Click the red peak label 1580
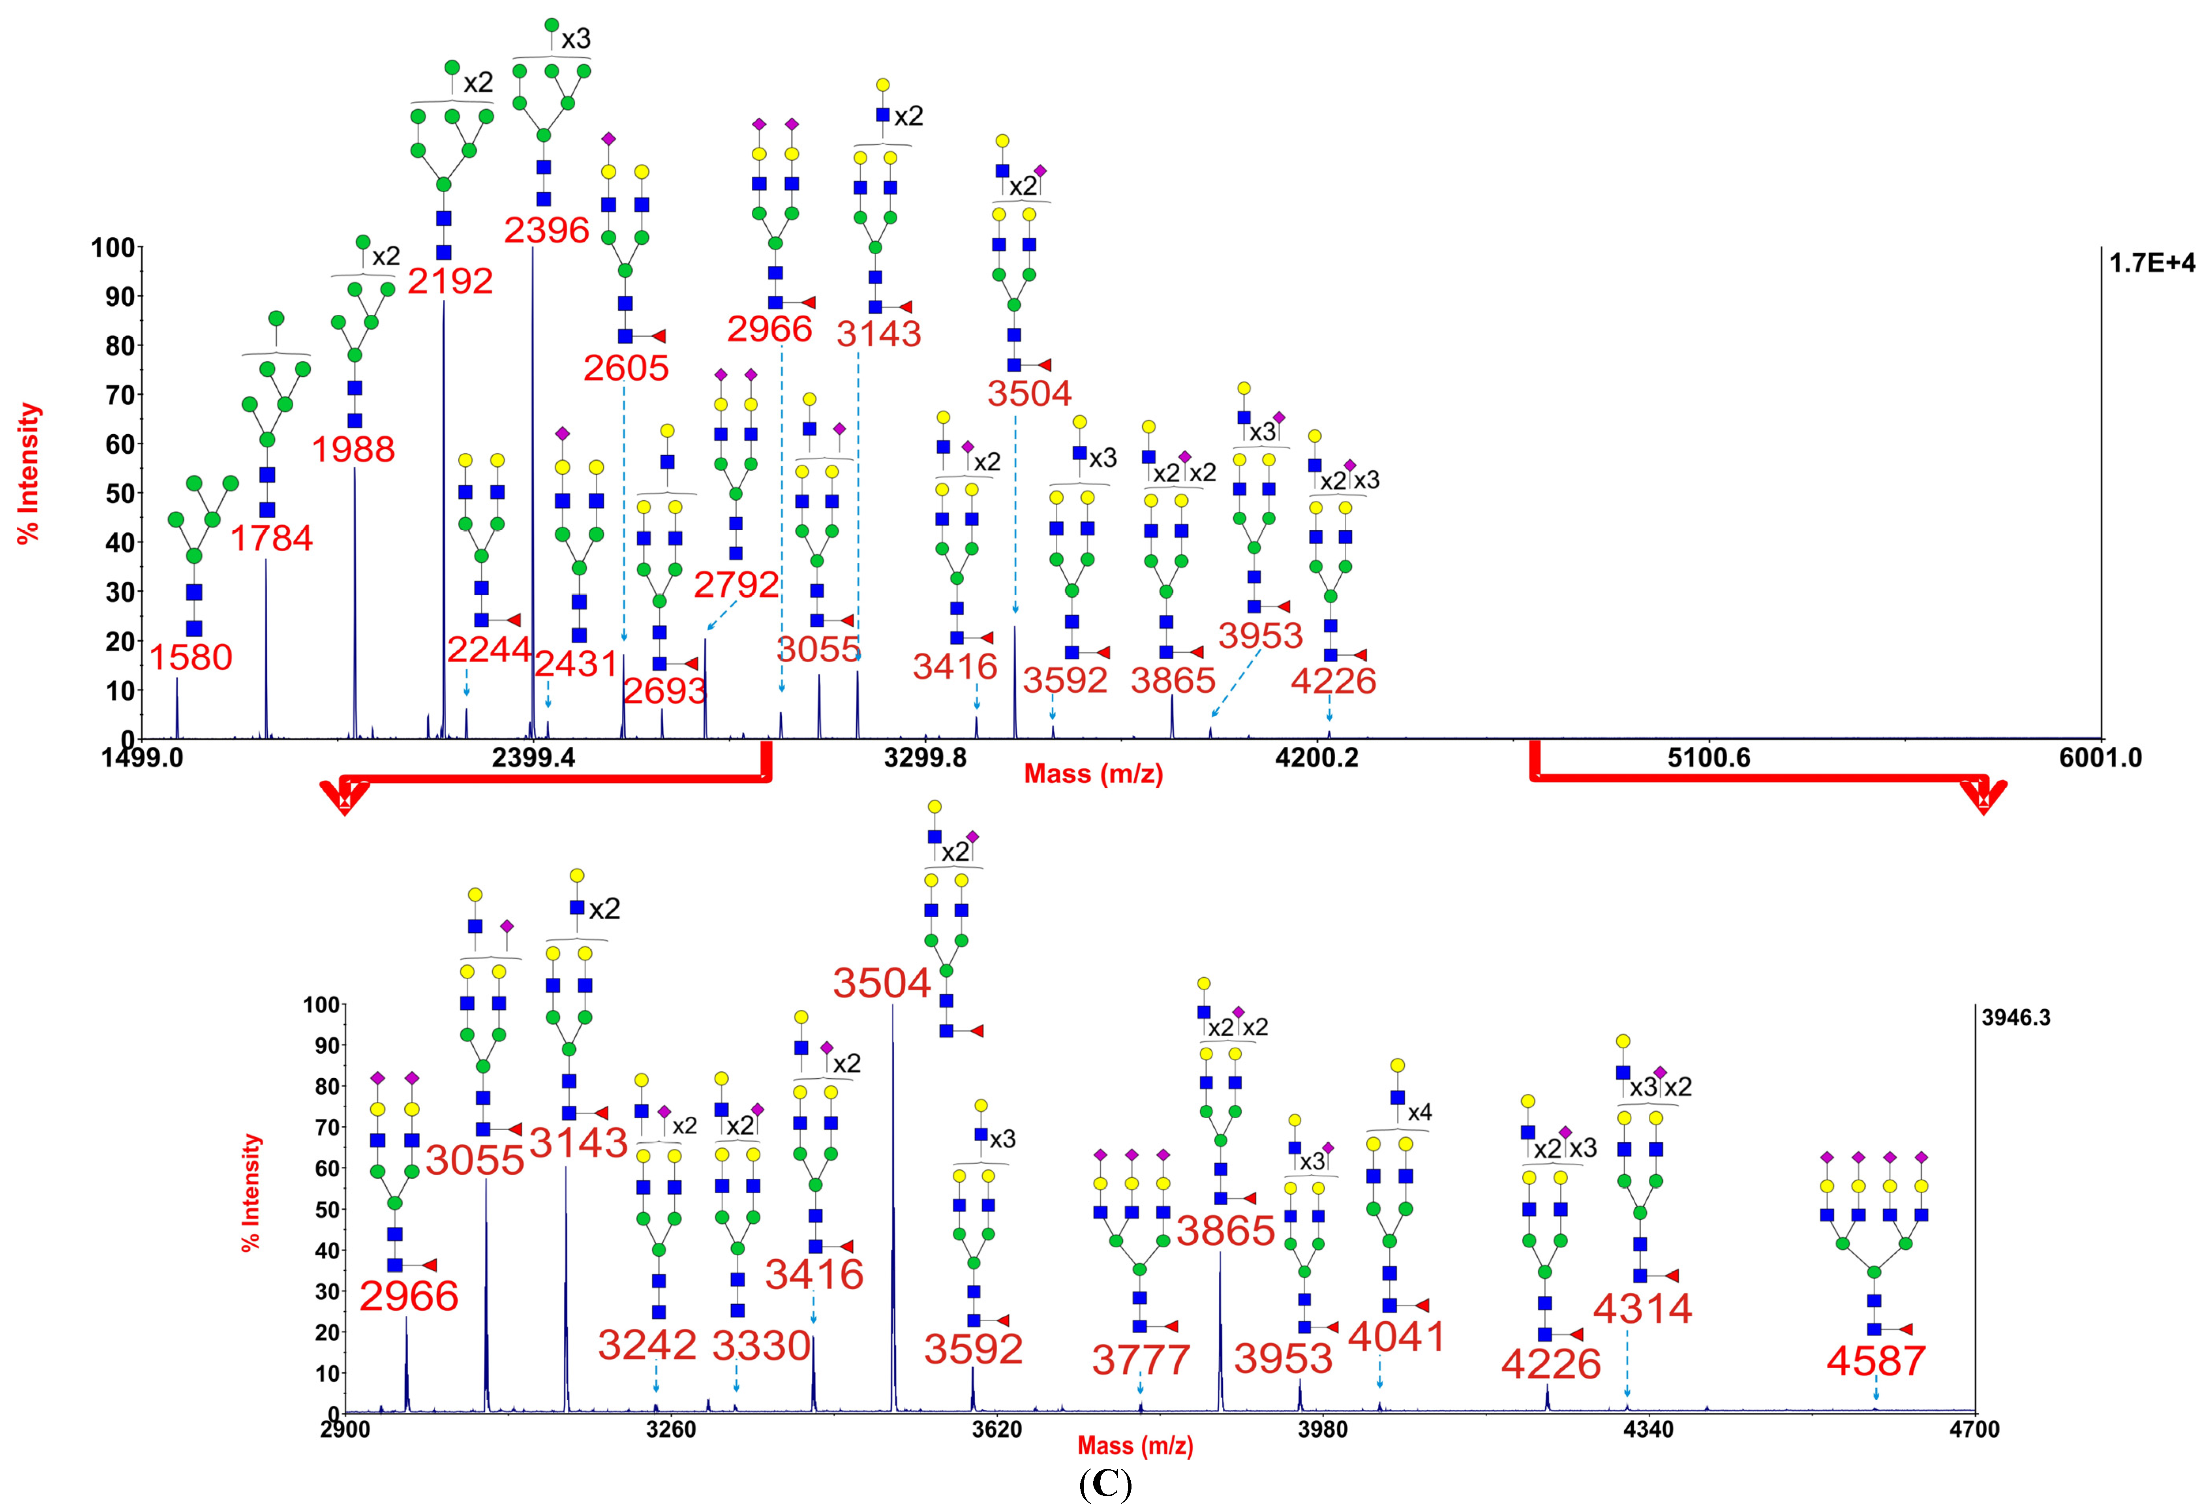pos(191,657)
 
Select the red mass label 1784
pos(271,538)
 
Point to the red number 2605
pos(626,368)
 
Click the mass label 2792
pos(736,585)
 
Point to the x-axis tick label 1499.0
pos(142,758)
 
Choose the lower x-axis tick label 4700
pos(1974,1429)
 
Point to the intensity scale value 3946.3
pos(2016,1018)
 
